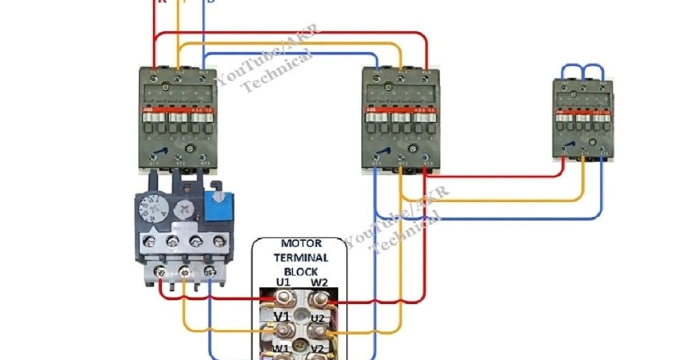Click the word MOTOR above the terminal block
pos(301,244)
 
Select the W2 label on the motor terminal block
pos(319,283)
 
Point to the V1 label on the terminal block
pos(282,316)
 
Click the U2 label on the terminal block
pos(318,318)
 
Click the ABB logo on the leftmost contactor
pos(148,109)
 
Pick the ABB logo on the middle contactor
pos(372,109)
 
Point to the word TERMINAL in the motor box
pos(301,258)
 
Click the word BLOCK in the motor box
pos(301,272)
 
